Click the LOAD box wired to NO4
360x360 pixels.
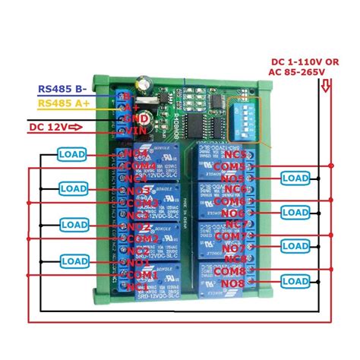(74, 154)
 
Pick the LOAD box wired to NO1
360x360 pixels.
(74, 260)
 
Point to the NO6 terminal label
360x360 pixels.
(234, 214)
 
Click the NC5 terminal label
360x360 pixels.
(235, 154)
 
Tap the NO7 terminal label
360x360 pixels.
(234, 248)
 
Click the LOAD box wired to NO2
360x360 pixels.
(74, 225)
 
